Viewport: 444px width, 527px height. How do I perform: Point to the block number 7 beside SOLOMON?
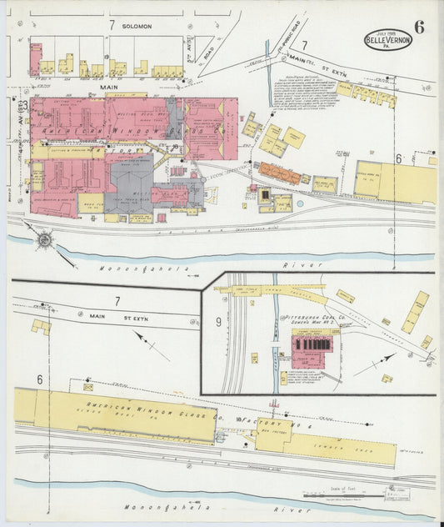111,26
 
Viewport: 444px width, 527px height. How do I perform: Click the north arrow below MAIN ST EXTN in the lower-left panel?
151,344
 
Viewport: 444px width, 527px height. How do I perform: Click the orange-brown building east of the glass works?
279,173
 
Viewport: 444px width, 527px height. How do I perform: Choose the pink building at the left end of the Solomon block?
36,59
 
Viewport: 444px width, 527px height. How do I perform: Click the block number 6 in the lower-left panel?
38,379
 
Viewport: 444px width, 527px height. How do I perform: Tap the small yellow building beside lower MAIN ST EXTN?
41,326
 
